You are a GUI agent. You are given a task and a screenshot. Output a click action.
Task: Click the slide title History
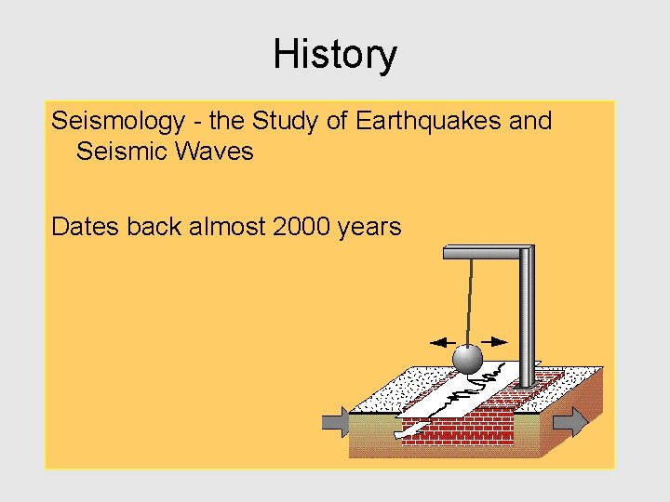334,55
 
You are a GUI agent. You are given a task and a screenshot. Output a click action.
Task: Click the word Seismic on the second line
118,151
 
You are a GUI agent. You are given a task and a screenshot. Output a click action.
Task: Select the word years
369,226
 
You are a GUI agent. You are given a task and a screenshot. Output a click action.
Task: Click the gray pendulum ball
466,358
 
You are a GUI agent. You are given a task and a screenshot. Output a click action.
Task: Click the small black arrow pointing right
497,340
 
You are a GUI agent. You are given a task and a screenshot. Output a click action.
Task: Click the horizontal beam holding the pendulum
484,252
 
